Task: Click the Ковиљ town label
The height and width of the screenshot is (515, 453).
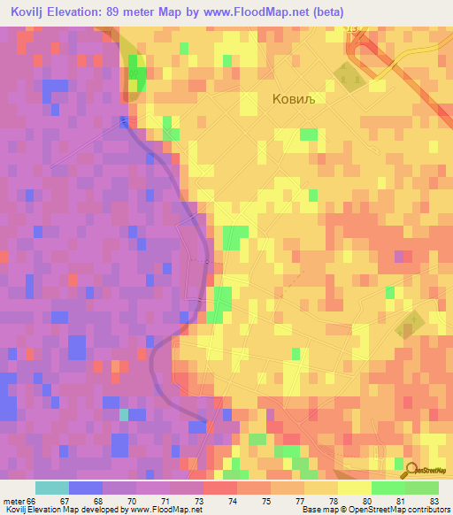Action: tap(293, 100)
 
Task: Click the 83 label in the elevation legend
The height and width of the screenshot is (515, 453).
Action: tap(434, 501)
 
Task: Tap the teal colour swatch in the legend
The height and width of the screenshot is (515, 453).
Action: tap(51, 488)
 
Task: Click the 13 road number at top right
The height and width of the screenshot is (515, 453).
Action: tap(354, 30)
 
